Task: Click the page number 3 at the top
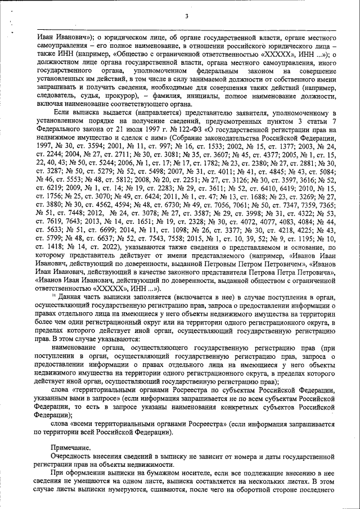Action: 186,15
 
